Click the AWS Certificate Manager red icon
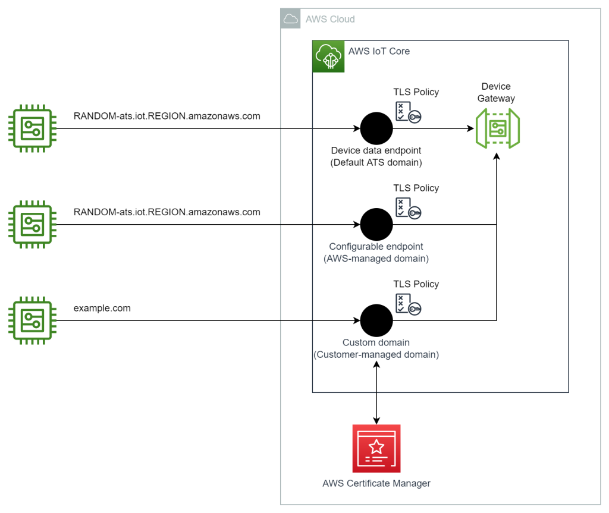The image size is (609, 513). [x=376, y=448]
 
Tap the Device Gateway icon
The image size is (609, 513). [x=497, y=128]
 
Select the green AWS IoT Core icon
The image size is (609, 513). [x=328, y=56]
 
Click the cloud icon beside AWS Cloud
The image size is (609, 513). [x=291, y=19]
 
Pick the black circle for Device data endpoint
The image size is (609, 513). [x=376, y=128]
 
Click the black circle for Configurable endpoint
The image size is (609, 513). [x=376, y=225]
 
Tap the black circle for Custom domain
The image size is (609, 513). [x=376, y=321]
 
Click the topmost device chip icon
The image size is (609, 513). [x=30, y=128]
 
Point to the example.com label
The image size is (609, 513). [x=102, y=308]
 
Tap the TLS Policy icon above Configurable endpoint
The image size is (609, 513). [x=408, y=207]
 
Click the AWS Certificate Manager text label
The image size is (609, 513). [x=376, y=483]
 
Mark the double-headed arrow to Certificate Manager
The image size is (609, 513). [x=376, y=392]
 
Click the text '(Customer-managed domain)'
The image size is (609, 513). [x=376, y=355]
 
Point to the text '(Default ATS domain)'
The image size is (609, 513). [x=376, y=162]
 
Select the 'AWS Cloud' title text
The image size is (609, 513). [x=329, y=19]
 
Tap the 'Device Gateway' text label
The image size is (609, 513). [x=496, y=92]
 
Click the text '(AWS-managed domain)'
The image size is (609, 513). [x=376, y=259]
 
